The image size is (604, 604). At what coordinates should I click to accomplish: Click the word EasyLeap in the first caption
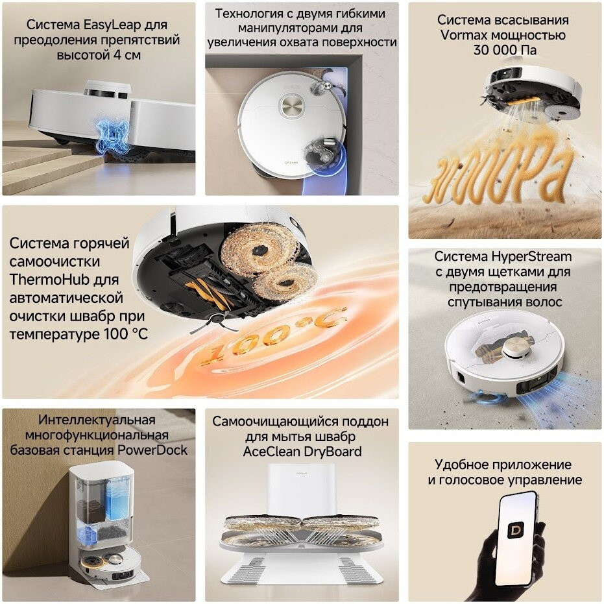(x=110, y=25)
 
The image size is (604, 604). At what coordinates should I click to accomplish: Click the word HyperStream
(x=531, y=256)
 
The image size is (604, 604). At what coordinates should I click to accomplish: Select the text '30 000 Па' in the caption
(x=505, y=50)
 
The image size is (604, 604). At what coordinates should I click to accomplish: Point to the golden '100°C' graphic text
(x=274, y=335)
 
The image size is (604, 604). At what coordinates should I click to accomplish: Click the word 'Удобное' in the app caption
(x=459, y=465)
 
